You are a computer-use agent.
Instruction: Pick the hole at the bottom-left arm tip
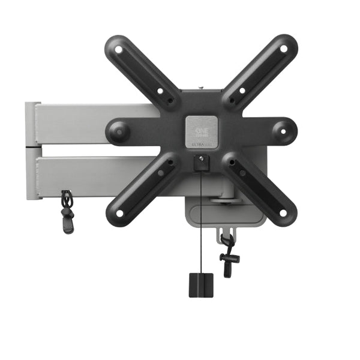coord(120,213)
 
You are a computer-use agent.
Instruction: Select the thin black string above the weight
coord(201,228)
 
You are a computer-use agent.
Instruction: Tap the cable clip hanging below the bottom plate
coord(228,255)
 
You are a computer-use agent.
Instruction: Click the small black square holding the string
coord(201,160)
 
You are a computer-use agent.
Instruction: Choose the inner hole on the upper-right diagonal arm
coord(242,91)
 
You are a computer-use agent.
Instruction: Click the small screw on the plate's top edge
coord(201,88)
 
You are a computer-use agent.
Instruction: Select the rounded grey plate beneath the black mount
coord(225,216)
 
